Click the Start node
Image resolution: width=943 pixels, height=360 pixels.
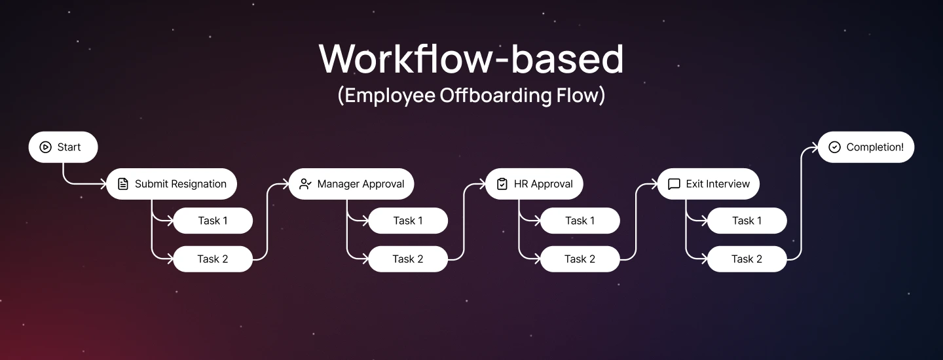(63, 147)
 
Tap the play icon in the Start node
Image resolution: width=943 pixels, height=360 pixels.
(45, 147)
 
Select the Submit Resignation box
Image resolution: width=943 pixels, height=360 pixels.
(172, 184)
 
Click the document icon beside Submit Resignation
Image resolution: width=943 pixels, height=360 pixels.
(122, 184)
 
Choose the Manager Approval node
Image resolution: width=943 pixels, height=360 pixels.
(352, 184)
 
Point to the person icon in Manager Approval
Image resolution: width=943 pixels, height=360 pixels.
(305, 184)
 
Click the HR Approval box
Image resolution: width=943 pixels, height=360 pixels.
(534, 184)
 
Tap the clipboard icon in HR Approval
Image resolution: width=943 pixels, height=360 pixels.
(502, 184)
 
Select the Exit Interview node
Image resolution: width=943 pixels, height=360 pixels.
(709, 184)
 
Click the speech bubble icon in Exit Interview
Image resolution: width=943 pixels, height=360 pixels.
(674, 184)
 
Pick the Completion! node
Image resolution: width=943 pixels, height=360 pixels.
(866, 147)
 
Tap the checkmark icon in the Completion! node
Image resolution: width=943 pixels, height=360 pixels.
(834, 147)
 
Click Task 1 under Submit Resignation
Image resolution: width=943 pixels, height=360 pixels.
(213, 221)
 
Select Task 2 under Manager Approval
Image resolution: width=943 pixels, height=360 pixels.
(407, 259)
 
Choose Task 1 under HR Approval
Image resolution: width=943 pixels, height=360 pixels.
(580, 221)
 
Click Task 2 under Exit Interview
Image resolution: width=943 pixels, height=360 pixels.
(747, 259)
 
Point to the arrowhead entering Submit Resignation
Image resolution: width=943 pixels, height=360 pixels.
(102, 184)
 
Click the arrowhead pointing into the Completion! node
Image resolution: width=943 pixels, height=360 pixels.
(814, 147)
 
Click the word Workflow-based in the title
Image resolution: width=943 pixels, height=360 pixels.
(471, 59)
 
